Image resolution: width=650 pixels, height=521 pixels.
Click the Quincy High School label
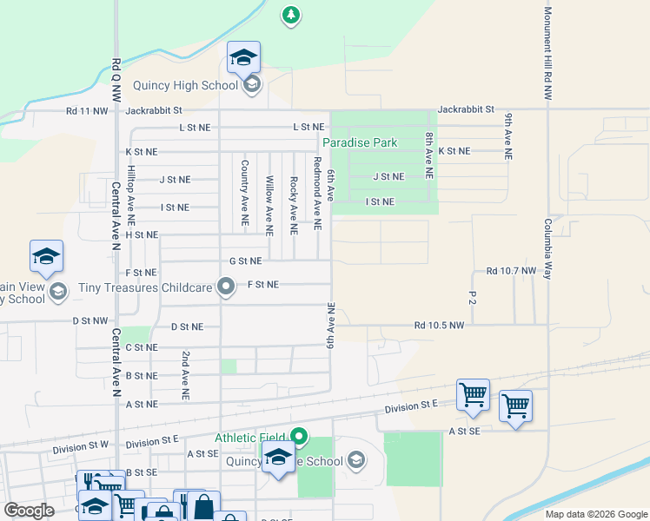pyautogui.click(x=185, y=85)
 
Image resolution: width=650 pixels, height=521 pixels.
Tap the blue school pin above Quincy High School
pyautogui.click(x=243, y=59)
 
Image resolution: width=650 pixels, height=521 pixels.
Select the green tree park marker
pyautogui.click(x=291, y=15)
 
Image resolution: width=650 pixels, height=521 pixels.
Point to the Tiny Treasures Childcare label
pyautogui.click(x=145, y=287)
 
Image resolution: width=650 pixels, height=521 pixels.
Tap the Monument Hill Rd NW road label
pyautogui.click(x=548, y=55)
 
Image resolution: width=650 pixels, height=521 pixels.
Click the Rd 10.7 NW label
pyautogui.click(x=511, y=271)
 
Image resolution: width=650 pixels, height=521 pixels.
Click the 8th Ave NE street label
pyautogui.click(x=429, y=150)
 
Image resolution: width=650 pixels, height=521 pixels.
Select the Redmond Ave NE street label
pyautogui.click(x=318, y=194)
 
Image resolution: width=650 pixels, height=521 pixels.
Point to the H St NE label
pyautogui.click(x=142, y=234)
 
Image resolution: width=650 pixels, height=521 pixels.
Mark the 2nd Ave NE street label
pyautogui.click(x=185, y=375)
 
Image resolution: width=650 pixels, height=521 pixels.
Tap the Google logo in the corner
pyautogui.click(x=29, y=511)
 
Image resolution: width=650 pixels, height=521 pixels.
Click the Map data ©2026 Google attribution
pyautogui.click(x=596, y=514)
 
